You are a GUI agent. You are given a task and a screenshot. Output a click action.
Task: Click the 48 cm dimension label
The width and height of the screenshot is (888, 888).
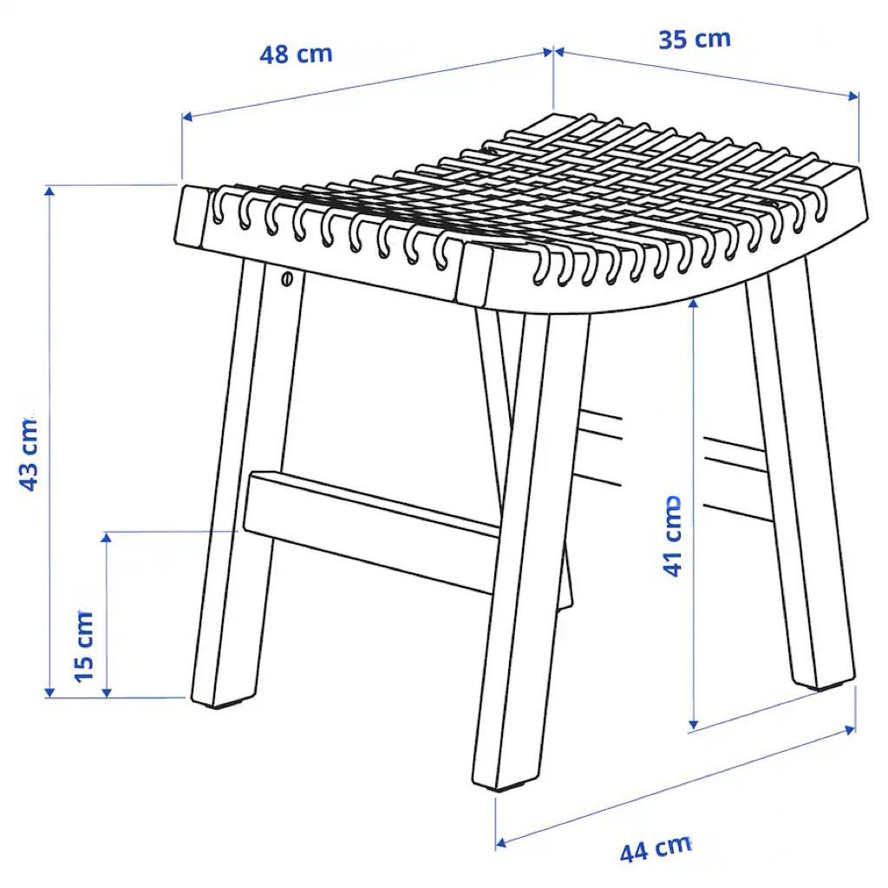point(296,55)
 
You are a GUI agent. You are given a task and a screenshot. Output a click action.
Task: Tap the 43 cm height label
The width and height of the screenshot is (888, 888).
point(29,454)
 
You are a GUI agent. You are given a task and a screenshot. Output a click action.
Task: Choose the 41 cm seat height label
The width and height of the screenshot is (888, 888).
point(672,537)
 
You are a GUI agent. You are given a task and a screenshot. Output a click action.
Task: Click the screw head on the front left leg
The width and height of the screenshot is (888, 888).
point(287,278)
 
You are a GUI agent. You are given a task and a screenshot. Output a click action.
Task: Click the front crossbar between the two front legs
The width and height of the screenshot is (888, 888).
point(371,532)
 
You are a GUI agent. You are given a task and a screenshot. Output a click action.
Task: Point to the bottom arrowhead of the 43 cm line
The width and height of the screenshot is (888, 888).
point(49,691)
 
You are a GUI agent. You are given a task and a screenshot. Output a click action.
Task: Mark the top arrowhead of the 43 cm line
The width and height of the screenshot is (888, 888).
point(49,193)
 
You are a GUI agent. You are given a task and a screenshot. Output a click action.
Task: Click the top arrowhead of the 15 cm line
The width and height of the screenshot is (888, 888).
point(106,539)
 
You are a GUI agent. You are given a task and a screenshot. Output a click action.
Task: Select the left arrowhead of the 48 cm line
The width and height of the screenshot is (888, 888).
point(188,117)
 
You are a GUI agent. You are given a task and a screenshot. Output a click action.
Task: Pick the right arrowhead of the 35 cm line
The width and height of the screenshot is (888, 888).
point(853,96)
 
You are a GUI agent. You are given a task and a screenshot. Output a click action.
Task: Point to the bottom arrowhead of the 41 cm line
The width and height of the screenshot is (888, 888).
point(693,723)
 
